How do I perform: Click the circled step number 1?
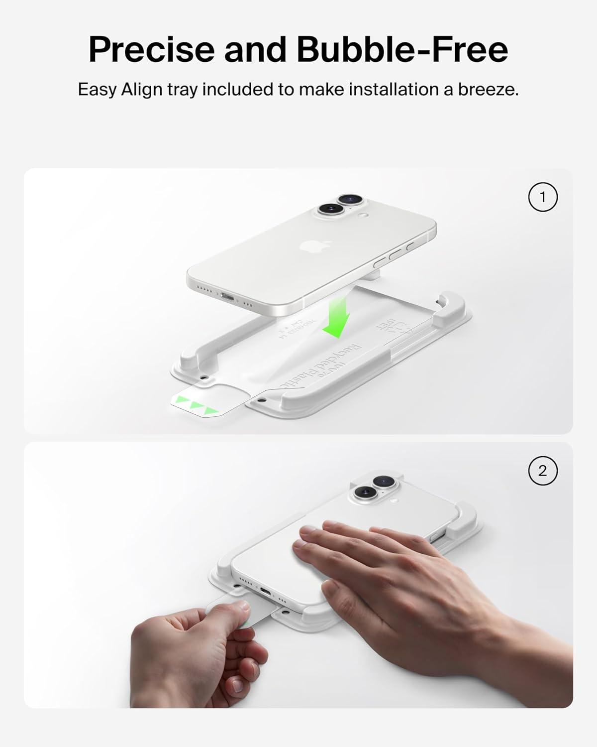coord(542,197)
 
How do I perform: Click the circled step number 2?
coord(542,471)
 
